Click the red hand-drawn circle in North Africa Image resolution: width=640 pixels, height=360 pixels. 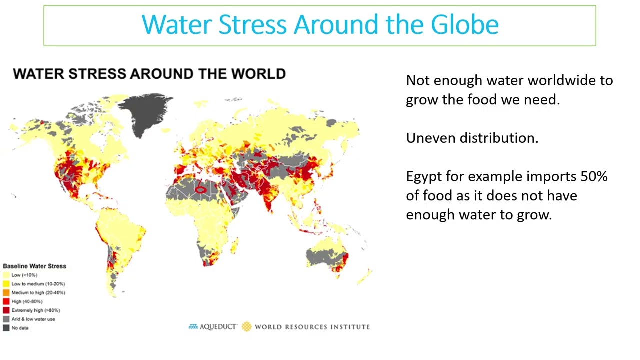pos(200,189)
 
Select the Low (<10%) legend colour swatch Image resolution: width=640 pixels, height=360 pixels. pos(6,275)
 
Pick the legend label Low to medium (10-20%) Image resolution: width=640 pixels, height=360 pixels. pos(38,284)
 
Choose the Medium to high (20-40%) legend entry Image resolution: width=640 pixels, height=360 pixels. pos(38,292)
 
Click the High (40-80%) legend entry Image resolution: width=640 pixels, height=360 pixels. pos(27,301)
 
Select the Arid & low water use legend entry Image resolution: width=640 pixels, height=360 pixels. pos(33,319)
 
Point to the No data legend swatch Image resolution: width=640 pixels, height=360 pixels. pos(6,328)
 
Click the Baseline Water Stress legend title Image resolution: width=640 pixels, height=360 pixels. pos(34,266)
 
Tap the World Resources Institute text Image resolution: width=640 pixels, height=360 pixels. pos(312,327)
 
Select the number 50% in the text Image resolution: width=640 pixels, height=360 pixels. pos(594,177)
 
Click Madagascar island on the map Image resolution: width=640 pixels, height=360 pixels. pos(234,246)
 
